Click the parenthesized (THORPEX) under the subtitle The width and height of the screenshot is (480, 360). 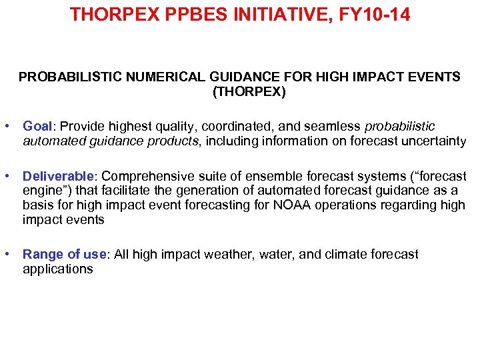coord(249,92)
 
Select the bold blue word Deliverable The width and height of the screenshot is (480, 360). coord(59,176)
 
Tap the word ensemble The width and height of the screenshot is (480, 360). coord(277,176)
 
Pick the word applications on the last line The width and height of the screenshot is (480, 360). coord(57,269)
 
